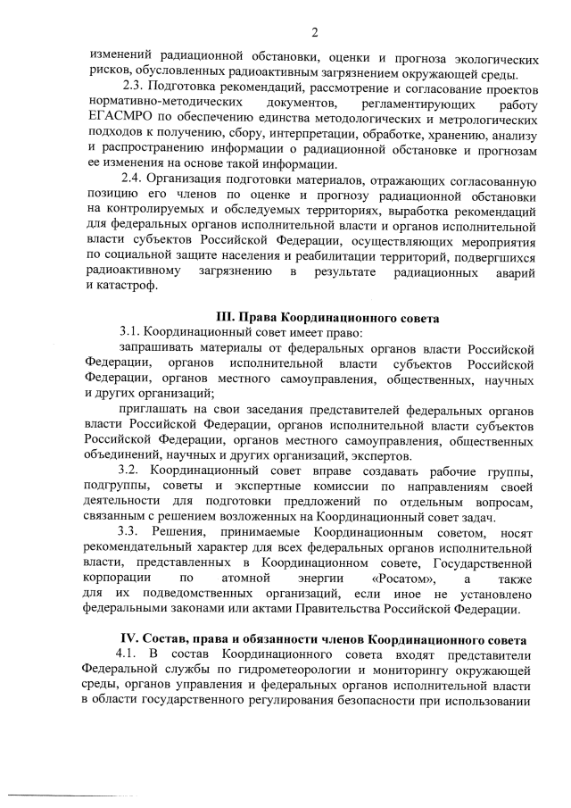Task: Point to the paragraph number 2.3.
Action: pyautogui.click(x=132, y=87)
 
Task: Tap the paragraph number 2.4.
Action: pyautogui.click(x=132, y=179)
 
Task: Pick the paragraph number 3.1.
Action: pyautogui.click(x=130, y=332)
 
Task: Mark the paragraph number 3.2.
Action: pyautogui.click(x=131, y=471)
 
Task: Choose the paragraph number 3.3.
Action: pyautogui.click(x=131, y=533)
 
